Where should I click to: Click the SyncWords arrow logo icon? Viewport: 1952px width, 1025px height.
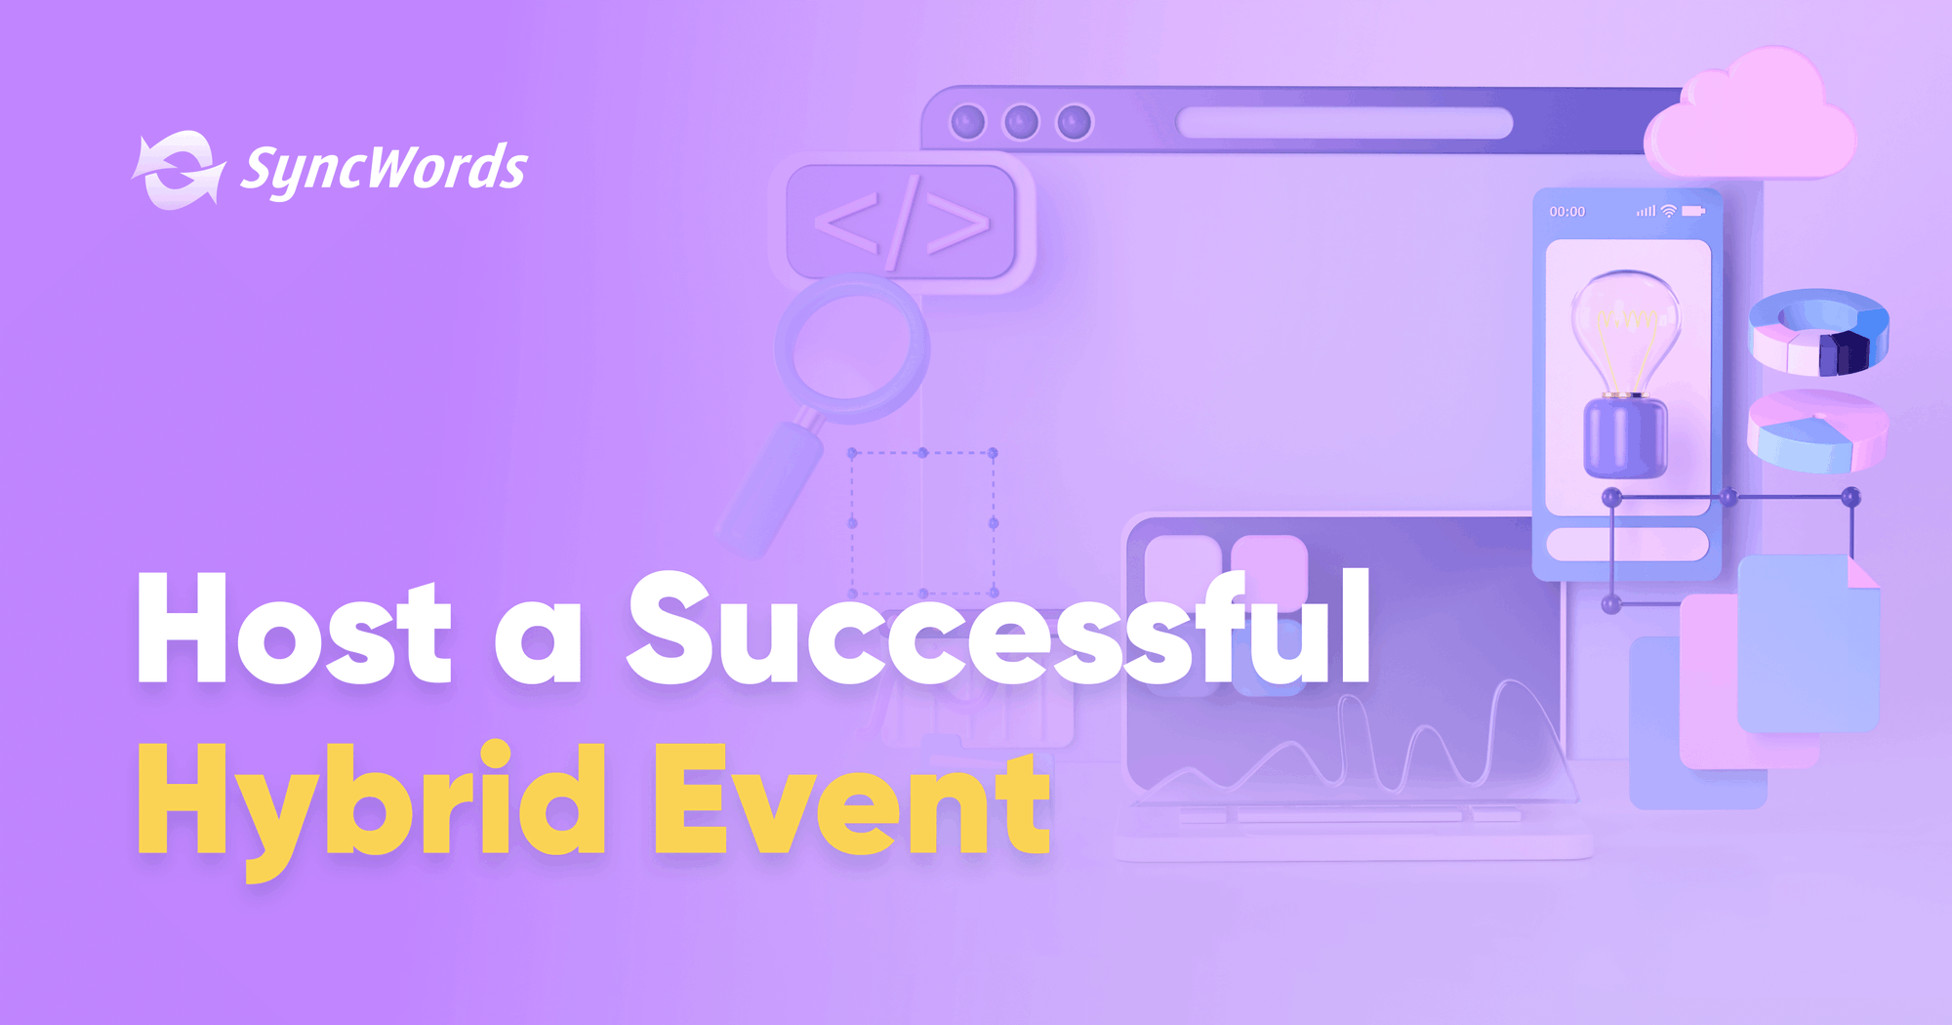[x=179, y=170]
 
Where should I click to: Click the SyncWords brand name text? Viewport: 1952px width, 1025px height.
[x=384, y=169]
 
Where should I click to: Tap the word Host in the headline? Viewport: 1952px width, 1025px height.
[x=293, y=630]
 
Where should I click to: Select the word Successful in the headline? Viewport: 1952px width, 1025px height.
[x=997, y=630]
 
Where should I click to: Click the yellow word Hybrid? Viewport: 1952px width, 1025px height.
[x=371, y=800]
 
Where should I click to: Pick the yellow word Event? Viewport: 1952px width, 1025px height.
[x=851, y=800]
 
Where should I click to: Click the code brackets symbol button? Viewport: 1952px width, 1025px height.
[x=901, y=223]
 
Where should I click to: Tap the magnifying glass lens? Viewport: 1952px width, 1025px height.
[x=853, y=349]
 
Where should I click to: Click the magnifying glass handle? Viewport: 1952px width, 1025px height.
[x=771, y=488]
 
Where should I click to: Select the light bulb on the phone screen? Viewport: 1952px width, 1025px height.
[x=1625, y=371]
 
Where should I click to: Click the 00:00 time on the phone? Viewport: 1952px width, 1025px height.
[x=1566, y=212]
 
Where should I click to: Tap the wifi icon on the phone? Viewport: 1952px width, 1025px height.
[x=1669, y=211]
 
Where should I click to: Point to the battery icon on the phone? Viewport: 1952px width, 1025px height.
[x=1693, y=211]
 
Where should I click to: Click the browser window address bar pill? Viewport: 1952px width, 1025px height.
[x=1344, y=123]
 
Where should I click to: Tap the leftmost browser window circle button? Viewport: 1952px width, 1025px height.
[x=968, y=123]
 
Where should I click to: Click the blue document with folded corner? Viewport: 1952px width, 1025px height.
[x=1808, y=644]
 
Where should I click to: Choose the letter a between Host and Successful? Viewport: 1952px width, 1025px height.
[x=538, y=644]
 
